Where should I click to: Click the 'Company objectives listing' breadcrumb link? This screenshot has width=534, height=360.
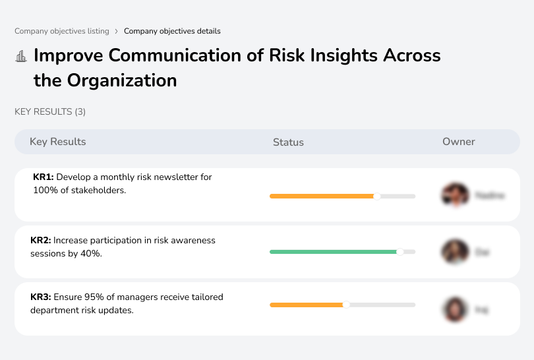click(62, 31)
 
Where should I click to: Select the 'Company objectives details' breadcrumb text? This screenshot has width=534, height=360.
click(172, 31)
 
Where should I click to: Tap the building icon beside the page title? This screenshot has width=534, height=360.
click(21, 56)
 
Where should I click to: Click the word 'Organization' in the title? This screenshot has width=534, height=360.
click(121, 80)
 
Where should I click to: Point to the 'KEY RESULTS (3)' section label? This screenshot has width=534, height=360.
click(50, 112)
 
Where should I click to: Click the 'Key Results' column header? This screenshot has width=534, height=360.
click(57, 142)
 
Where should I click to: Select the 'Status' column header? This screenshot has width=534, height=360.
click(288, 142)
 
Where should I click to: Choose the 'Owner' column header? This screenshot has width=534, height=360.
click(459, 142)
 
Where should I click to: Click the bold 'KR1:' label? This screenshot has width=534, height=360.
click(43, 177)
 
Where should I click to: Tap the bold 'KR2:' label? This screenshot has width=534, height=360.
click(41, 241)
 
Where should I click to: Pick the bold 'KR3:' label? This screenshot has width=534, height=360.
click(41, 297)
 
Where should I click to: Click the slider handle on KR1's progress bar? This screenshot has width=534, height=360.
click(377, 196)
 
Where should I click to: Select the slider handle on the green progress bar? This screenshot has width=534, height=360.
click(400, 252)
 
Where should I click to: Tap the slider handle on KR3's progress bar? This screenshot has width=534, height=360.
click(346, 305)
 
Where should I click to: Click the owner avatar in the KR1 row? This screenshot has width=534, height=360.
click(455, 195)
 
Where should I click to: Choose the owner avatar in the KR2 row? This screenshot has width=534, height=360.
click(455, 252)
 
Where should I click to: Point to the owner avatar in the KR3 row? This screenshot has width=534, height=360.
click(455, 309)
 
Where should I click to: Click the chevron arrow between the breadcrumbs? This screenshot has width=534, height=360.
click(117, 31)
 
